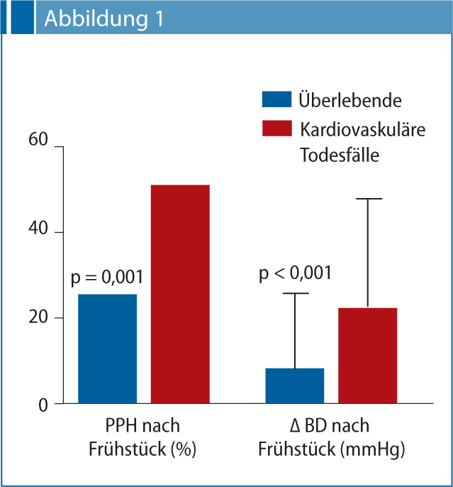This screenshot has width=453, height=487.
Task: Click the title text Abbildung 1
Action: [104, 19]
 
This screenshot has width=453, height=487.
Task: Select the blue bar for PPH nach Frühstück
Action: [107, 349]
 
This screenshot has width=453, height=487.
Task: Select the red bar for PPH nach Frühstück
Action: [179, 294]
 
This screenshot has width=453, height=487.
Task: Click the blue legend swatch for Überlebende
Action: [276, 99]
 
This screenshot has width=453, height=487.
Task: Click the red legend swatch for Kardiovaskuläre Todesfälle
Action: [276, 128]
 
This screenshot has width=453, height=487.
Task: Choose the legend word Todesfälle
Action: [340, 155]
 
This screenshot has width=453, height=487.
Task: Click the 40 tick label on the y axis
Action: [38, 231]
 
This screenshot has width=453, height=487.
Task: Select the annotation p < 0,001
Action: [294, 273]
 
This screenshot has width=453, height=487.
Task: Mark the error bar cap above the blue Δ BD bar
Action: [294, 293]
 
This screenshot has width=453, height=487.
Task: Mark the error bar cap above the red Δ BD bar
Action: [367, 199]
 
